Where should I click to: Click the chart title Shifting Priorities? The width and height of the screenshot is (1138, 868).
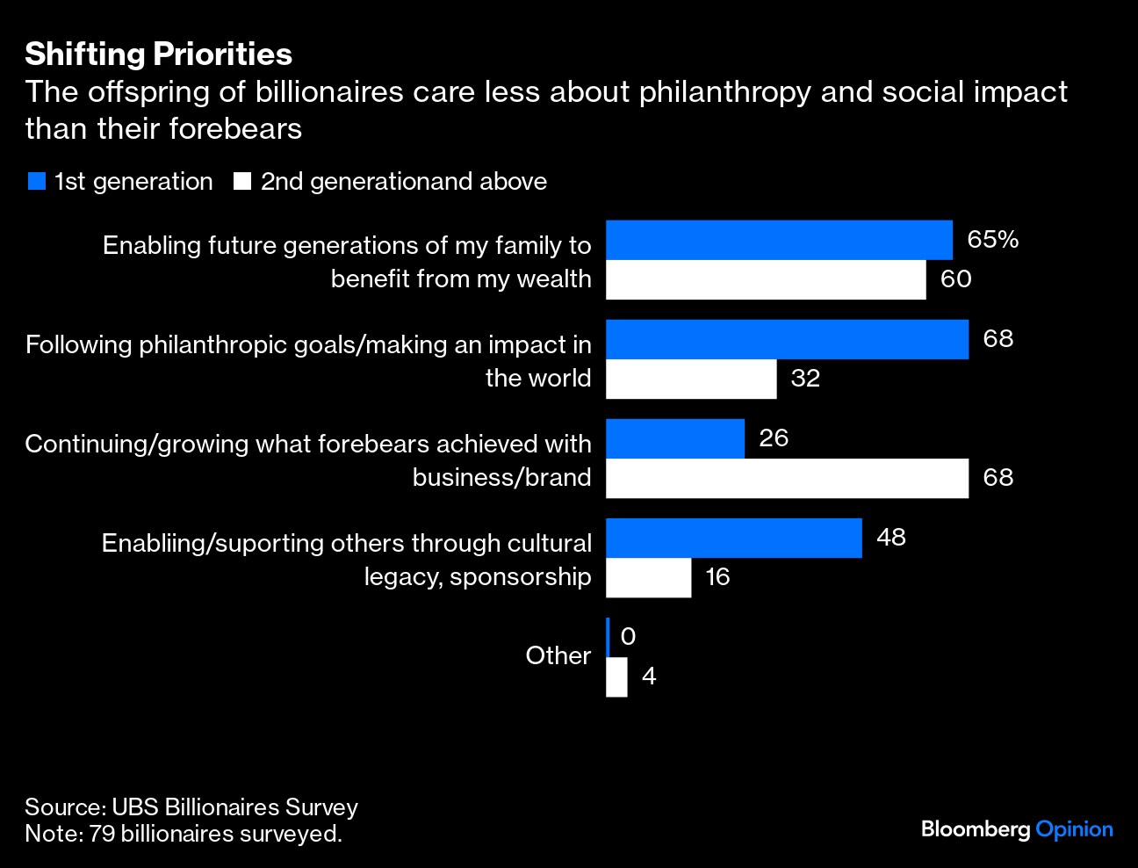[158, 54]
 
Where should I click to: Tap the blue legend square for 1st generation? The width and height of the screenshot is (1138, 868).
[36, 182]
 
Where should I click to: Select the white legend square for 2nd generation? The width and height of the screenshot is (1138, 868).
[242, 182]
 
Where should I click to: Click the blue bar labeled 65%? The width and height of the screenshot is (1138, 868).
[779, 240]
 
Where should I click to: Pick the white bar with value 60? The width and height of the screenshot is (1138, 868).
[766, 279]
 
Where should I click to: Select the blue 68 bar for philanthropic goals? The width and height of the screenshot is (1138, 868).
[787, 339]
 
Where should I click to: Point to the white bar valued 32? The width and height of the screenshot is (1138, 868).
[691, 379]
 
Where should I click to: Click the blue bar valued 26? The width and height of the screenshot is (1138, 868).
[675, 438]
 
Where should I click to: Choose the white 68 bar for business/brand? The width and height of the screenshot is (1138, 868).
[787, 478]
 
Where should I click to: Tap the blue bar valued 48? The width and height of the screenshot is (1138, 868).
[734, 538]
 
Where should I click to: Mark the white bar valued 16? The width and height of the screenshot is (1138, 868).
[648, 577]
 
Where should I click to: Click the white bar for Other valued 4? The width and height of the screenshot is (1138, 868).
[616, 676]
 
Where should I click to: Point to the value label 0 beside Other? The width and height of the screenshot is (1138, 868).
[628, 636]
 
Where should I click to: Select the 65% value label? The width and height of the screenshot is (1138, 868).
[992, 240]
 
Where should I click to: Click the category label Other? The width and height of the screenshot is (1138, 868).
[558, 655]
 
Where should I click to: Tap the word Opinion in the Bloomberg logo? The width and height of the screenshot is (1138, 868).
[1074, 829]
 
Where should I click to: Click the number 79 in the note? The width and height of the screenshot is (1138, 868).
[102, 833]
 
